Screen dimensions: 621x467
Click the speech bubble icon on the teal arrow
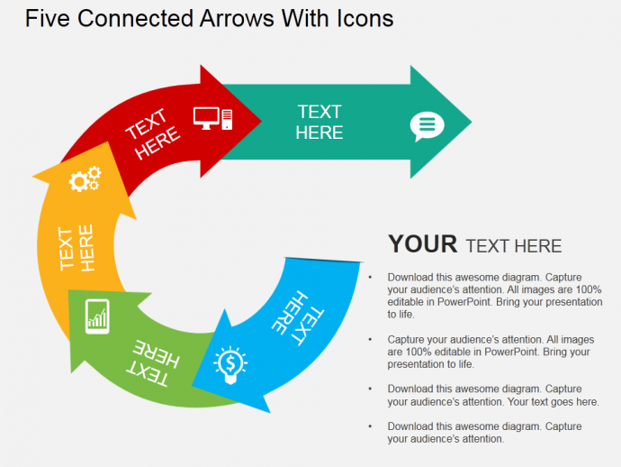pos(427,126)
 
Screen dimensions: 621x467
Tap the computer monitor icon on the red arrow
pos(206,118)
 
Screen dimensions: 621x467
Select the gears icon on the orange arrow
pos(85,179)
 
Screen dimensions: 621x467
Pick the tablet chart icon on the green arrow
pos(97,316)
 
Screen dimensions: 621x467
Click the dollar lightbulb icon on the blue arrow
pos(230,365)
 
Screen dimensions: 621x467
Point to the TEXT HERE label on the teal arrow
pos(319,123)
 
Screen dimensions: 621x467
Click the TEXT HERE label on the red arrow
pos(152,134)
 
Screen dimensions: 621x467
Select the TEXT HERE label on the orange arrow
pos(76,248)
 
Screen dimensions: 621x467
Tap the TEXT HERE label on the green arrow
pos(153,363)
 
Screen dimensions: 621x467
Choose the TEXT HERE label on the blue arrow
pos(298,318)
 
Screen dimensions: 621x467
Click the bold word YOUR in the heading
pos(423,243)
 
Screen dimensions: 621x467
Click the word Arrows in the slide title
pos(237,18)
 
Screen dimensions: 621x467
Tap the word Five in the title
pos(48,18)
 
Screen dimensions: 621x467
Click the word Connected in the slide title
pos(135,18)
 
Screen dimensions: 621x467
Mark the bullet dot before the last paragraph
pos(370,426)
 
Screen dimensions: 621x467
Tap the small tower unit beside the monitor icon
pos(227,119)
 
